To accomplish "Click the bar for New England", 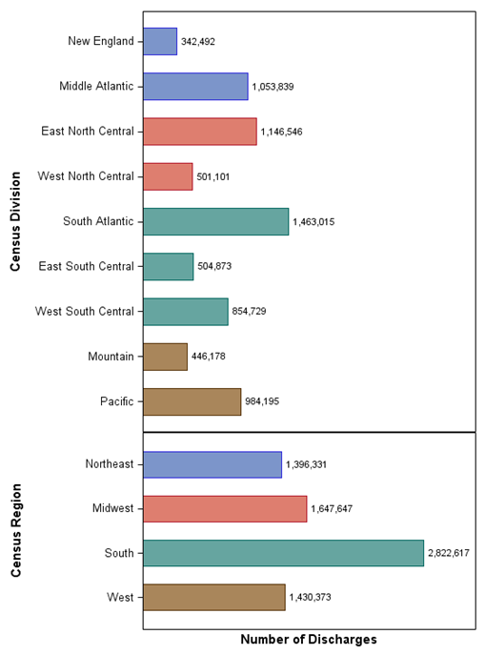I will [160, 41].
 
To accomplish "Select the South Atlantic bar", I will [215, 221].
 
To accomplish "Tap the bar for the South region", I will [283, 553].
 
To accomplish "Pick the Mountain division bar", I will [165, 357].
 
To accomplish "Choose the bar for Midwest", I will [225, 508].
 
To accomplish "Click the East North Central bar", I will [199, 132].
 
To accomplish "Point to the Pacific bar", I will [192, 401].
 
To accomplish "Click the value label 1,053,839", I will [273, 87].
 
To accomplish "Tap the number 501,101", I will [212, 176].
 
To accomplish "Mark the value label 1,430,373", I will [310, 598].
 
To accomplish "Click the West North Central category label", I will [86, 176].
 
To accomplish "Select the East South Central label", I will [86, 266].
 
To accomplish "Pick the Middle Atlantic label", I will [96, 86].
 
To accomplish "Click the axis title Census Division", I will [15, 221].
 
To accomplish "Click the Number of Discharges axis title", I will [308, 639].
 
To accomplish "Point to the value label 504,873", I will [216, 267].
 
